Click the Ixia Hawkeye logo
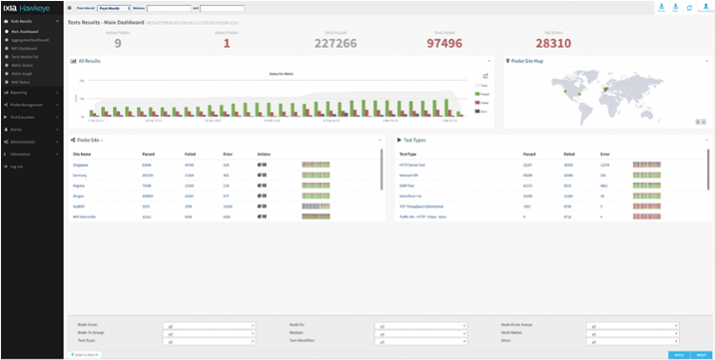click(30, 8)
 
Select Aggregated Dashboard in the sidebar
click(30, 38)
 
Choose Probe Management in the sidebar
click(27, 104)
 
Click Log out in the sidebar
click(16, 166)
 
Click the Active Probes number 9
click(118, 43)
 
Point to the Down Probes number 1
click(227, 43)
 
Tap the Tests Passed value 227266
click(334, 43)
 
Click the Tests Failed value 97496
click(444, 43)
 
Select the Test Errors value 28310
click(553, 43)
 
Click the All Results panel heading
click(91, 61)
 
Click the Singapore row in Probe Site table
click(84, 164)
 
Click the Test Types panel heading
click(413, 140)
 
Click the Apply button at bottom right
click(678, 354)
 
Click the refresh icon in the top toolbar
click(688, 7)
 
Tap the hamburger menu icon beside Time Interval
click(70, 8)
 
